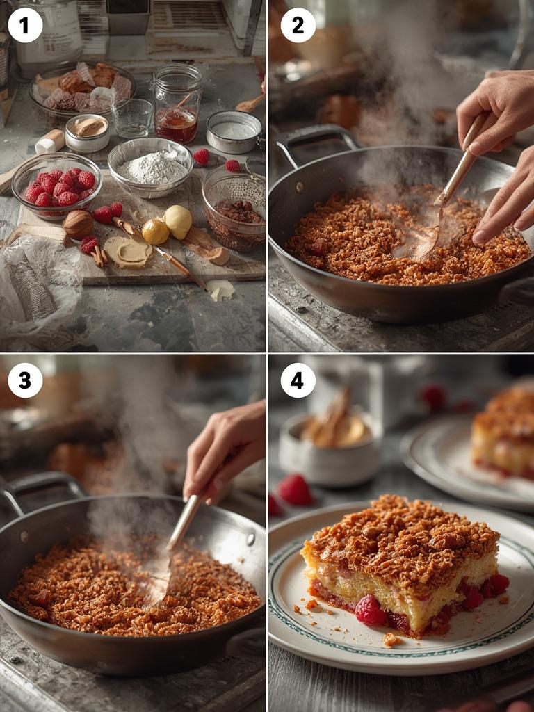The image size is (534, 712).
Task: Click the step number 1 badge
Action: [25, 25]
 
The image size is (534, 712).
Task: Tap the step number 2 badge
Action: [298, 25]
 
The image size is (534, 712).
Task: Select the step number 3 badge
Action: [25, 380]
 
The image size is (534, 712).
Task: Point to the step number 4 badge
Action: [298, 380]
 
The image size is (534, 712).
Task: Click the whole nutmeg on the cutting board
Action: [78, 225]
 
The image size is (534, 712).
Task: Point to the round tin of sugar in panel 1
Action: [234, 131]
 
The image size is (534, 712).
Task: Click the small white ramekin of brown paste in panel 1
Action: [87, 133]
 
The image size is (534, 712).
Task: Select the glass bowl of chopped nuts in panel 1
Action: [234, 209]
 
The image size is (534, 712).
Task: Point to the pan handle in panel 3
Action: [38, 487]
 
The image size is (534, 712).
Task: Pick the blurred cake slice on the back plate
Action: [504, 435]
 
